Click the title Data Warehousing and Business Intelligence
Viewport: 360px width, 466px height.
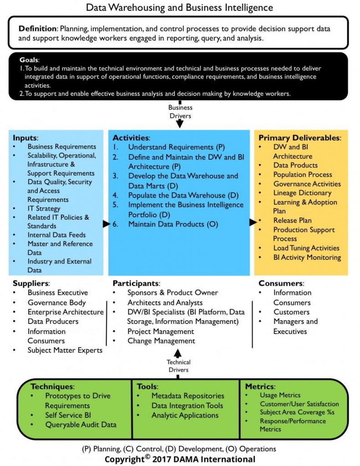point(180,7)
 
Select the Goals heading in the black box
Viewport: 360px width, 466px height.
point(29,60)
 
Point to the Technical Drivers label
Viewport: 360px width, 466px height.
point(178,365)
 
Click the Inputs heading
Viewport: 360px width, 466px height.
point(25,137)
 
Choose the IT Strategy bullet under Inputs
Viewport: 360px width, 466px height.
point(44,208)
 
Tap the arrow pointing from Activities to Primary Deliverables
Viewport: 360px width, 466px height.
point(253,222)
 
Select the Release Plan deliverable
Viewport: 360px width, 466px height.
point(292,220)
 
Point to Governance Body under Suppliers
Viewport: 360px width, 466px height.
point(56,302)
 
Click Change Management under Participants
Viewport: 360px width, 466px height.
point(161,341)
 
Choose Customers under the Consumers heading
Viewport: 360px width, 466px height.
point(291,312)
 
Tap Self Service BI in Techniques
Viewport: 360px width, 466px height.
point(67,415)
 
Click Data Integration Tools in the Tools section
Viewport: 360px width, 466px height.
point(187,405)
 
